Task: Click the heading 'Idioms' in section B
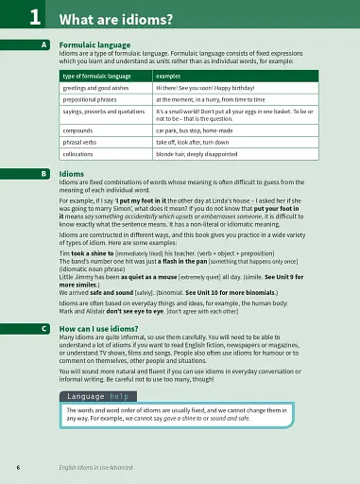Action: (71, 174)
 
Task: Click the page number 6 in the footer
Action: (19, 467)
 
